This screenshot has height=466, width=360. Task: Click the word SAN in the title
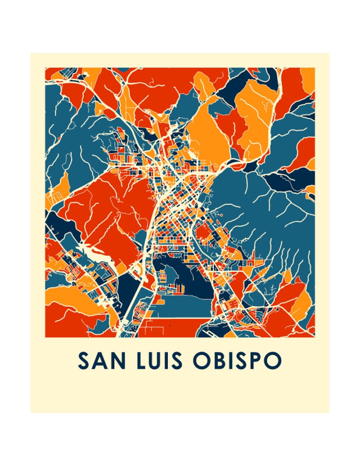(96, 361)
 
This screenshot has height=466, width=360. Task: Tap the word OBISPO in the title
(236, 361)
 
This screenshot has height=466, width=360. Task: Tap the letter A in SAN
(96, 361)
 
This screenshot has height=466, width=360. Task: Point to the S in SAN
(83, 361)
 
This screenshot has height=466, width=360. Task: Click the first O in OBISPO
(200, 361)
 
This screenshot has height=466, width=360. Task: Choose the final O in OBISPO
(273, 361)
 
